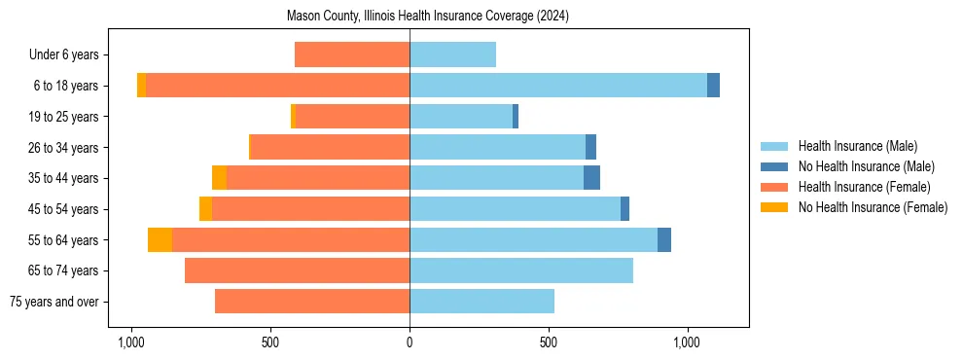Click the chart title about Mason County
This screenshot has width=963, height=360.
(428, 17)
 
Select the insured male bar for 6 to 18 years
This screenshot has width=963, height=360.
(558, 85)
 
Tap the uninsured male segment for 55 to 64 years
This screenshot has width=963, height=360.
(664, 239)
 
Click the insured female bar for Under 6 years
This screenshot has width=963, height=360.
(352, 54)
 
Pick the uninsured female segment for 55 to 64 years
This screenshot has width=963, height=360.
(160, 239)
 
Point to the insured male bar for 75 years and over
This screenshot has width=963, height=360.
(481, 302)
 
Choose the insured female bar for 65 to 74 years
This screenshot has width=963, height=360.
(297, 270)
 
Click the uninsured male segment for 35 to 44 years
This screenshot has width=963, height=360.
(591, 178)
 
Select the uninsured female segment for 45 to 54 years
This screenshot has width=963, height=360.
(205, 209)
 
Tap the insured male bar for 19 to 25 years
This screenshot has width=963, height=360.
(461, 117)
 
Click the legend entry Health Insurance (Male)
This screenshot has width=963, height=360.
(857, 146)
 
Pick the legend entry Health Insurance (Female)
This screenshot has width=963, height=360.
(864, 187)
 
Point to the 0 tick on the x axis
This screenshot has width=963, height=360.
(410, 342)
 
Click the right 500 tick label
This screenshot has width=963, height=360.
(549, 342)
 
